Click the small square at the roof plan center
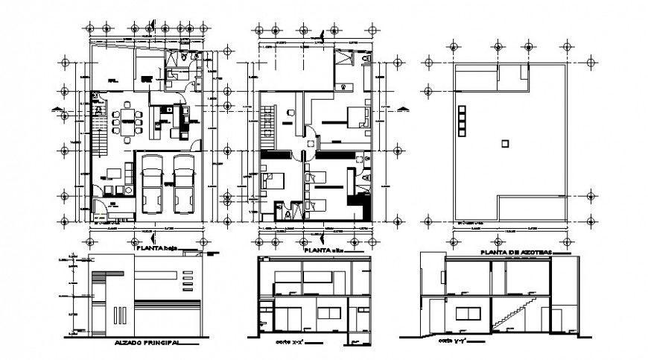504,142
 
